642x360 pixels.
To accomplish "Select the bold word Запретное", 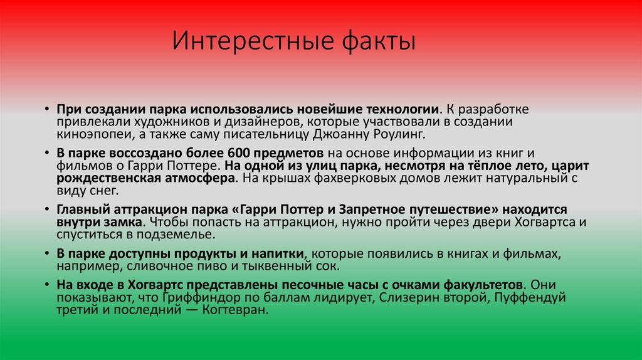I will [367, 209].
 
